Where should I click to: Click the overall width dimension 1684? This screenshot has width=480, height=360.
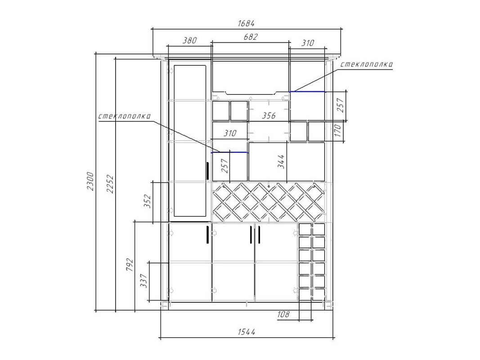tap(246, 23)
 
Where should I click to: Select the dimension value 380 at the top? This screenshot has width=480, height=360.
tap(189, 40)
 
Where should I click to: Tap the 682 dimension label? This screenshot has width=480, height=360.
tap(251, 37)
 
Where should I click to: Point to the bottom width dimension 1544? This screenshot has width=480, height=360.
tap(247, 332)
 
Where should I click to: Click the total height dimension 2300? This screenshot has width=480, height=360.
tap(90, 181)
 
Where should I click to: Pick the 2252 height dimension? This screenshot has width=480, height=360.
tap(110, 184)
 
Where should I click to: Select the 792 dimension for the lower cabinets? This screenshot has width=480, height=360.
tap(130, 265)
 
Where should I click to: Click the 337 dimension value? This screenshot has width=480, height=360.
tap(144, 281)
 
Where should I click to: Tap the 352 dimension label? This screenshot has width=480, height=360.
tap(148, 201)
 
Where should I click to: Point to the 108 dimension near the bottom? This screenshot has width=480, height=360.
tap(283, 315)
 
